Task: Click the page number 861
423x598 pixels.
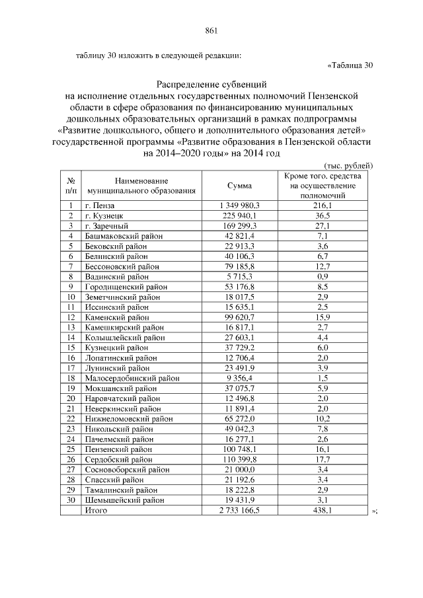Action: tap(211, 30)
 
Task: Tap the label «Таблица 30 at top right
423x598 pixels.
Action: tap(350, 65)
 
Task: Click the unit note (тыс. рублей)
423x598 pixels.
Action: tap(349, 165)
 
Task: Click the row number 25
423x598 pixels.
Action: tap(70, 449)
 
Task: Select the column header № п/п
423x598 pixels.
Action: tap(70, 186)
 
